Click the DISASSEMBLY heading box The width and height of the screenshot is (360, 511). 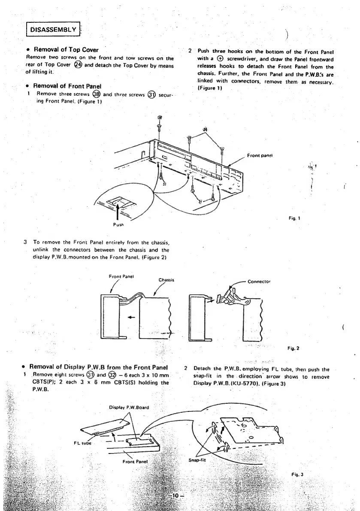pos(52,30)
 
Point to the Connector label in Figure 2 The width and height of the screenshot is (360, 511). pos(260,281)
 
